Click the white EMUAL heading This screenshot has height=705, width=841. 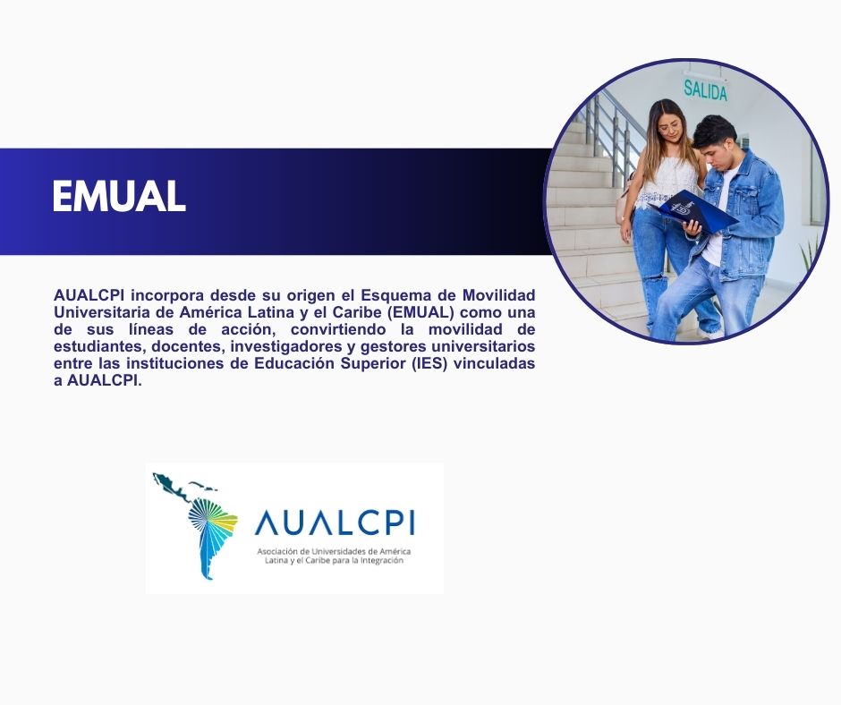click(x=119, y=196)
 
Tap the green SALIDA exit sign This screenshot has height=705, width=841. click(x=705, y=90)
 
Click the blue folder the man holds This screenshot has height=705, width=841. click(x=693, y=211)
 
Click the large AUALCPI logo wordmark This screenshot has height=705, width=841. click(x=335, y=522)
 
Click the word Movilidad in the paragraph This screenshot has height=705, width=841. click(x=499, y=295)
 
